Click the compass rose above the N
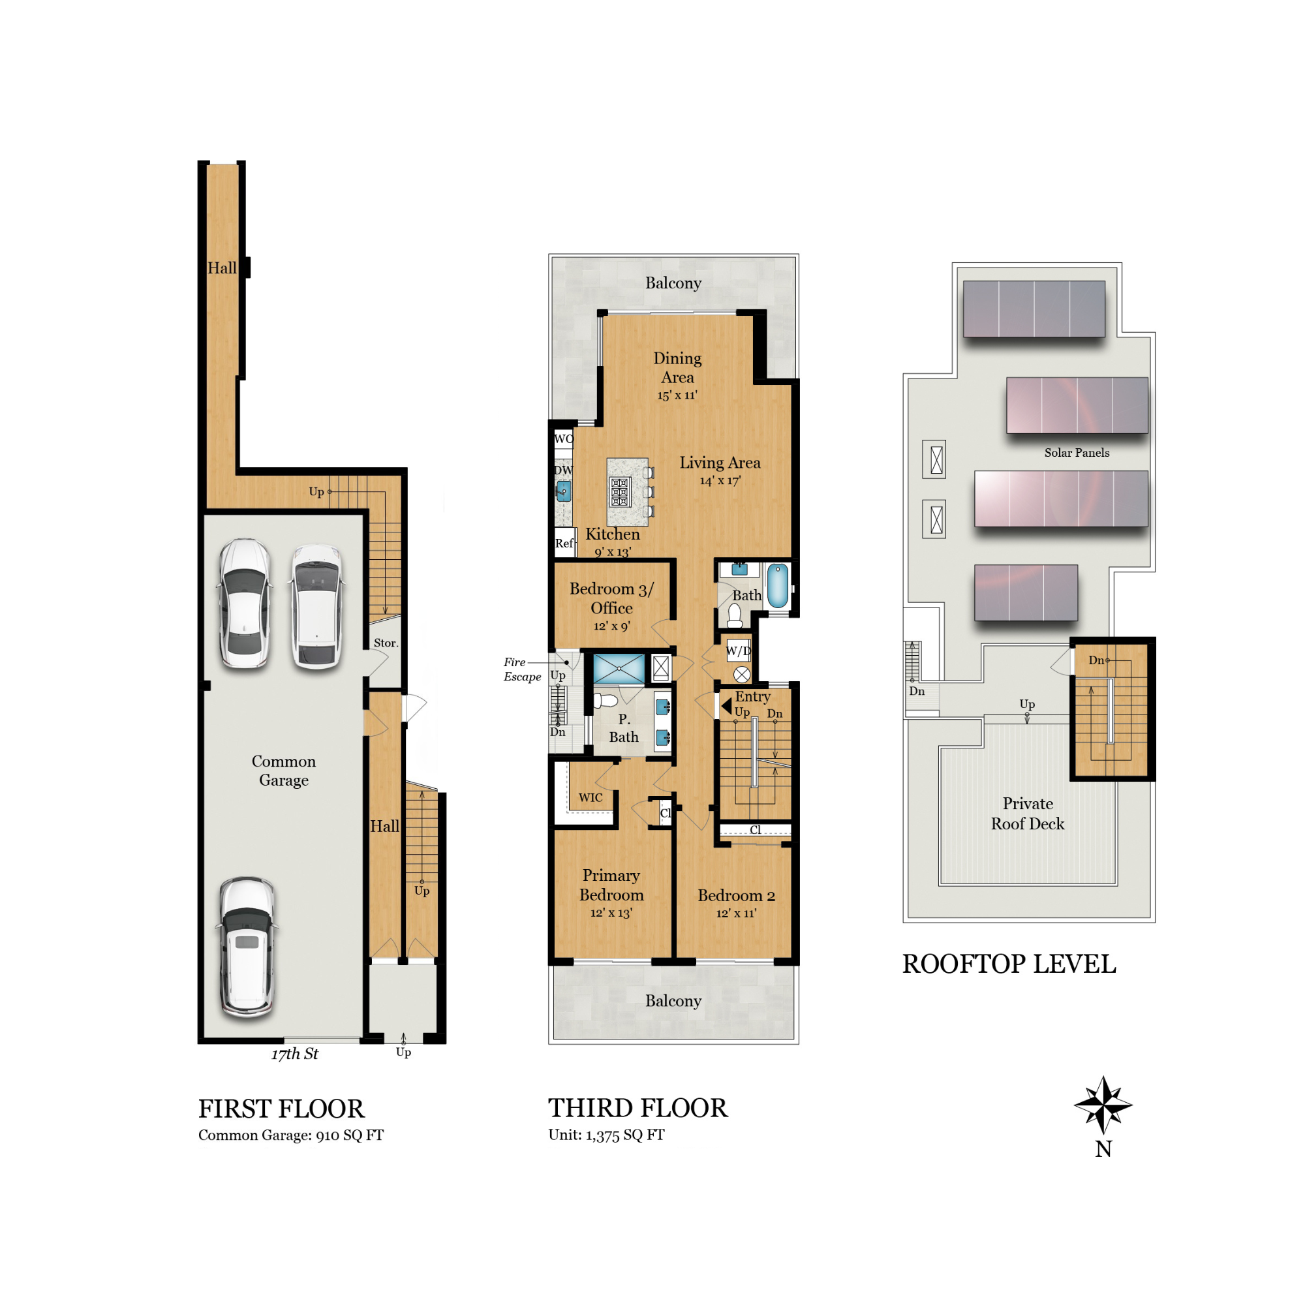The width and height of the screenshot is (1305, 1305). (x=1102, y=1106)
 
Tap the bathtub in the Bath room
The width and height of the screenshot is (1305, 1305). (x=778, y=587)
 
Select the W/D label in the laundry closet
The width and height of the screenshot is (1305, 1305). (x=737, y=651)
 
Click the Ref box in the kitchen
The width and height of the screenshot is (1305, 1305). (x=564, y=543)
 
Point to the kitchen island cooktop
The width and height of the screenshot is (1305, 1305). (x=620, y=492)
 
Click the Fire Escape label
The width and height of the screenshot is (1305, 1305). (x=521, y=669)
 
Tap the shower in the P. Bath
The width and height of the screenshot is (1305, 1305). (x=619, y=669)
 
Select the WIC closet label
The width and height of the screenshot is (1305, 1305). (x=591, y=798)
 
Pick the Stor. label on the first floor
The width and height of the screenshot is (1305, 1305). (x=386, y=643)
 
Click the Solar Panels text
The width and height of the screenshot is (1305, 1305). (x=1076, y=453)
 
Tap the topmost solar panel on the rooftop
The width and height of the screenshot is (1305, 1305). (x=1034, y=309)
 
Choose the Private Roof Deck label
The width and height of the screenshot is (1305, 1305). (x=1028, y=813)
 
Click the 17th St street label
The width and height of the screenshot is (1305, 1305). (x=294, y=1054)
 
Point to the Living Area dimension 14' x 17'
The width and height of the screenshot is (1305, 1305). (x=720, y=481)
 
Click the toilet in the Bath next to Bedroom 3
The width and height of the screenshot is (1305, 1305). (x=735, y=615)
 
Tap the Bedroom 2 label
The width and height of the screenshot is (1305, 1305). (x=736, y=896)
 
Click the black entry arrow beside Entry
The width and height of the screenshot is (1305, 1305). (x=726, y=707)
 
